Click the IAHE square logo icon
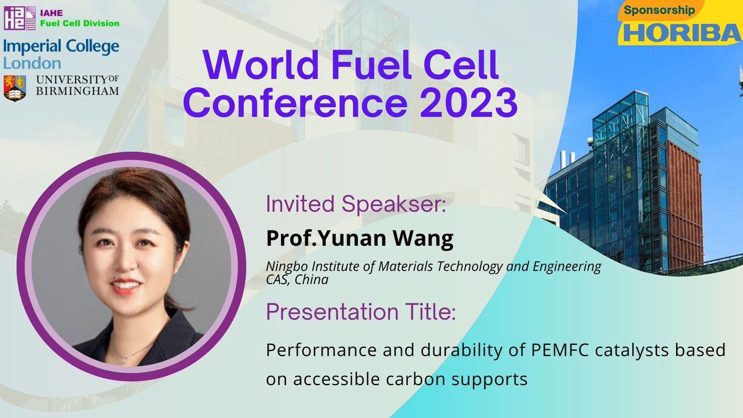[x=15, y=19]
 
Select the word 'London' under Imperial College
[x=32, y=63]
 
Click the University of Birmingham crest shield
[x=15, y=87]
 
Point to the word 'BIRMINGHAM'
[x=77, y=92]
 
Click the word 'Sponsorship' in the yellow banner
[x=659, y=11]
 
